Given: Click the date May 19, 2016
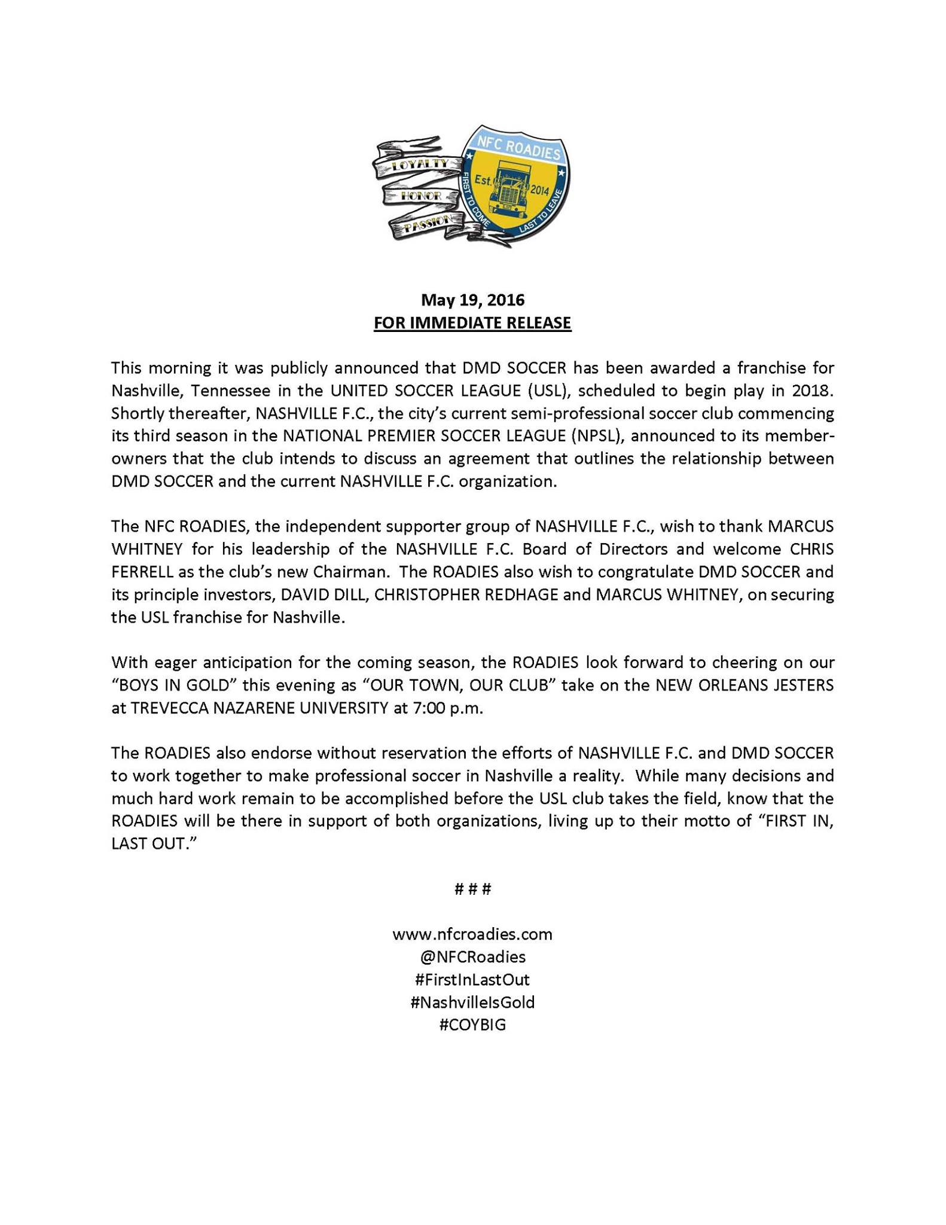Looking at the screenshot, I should point(472,300).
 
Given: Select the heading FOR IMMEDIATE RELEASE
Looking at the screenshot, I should point(472,323).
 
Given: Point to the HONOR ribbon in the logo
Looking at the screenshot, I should point(421,196).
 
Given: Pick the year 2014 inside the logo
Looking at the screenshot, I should point(539,190).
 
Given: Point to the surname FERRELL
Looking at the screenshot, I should point(142,572).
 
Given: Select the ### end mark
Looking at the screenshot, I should point(472,889).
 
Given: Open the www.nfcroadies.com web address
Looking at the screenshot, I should point(472,934).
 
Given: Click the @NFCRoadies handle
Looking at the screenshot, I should point(472,957).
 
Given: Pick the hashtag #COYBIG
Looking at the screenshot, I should point(472,1025).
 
